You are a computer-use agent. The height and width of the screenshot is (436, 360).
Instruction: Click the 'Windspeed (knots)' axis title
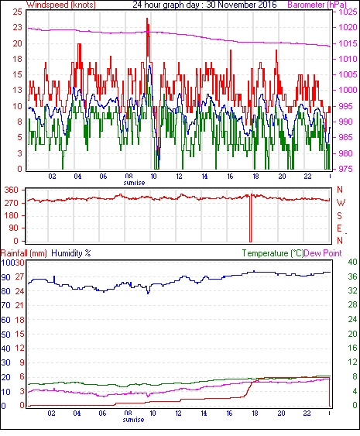point(61,5)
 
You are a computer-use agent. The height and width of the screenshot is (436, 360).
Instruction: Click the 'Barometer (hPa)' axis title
point(317,5)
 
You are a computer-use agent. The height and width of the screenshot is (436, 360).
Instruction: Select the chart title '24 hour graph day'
point(165,5)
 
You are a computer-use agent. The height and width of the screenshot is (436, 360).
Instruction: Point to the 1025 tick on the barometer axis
point(348,12)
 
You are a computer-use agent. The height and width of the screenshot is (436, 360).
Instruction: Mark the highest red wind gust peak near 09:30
point(147,19)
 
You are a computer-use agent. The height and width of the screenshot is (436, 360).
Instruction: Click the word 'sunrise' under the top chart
point(134,183)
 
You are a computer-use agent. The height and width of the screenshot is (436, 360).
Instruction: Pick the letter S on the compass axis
point(339,215)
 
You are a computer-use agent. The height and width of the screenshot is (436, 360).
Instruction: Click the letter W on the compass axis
point(341,203)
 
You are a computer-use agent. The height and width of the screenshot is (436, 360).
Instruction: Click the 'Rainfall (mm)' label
point(24,253)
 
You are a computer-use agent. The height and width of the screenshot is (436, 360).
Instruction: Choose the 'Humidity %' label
point(71,253)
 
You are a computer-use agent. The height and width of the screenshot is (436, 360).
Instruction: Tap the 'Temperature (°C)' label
point(273,253)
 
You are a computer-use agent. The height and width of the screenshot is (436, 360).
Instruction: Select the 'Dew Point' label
point(323,253)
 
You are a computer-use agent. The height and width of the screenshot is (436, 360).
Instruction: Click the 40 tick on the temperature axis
point(353,262)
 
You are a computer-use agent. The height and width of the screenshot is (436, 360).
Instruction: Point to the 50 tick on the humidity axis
point(6,334)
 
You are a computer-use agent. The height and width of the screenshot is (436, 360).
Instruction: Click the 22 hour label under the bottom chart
point(307,414)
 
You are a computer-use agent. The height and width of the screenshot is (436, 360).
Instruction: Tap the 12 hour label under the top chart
point(179,177)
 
